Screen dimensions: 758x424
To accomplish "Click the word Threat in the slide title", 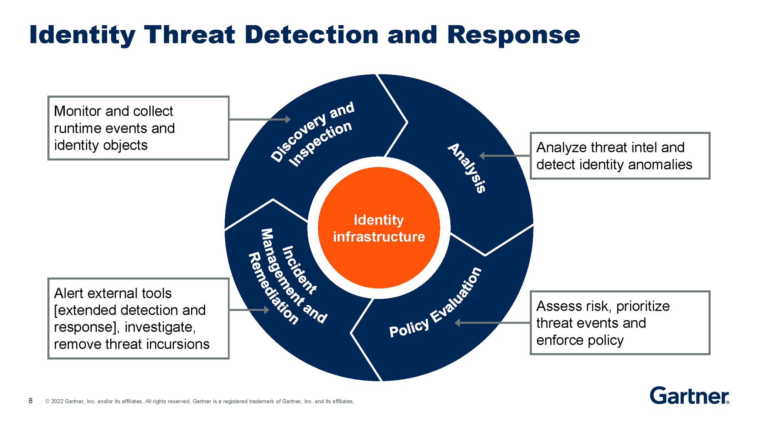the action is coord(189,35).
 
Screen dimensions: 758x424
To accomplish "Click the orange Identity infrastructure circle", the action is coord(379,228).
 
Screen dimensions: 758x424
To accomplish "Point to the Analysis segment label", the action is coord(467,168).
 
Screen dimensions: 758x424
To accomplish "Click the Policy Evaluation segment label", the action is coord(435,303).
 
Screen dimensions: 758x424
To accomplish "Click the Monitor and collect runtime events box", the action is coord(138,128).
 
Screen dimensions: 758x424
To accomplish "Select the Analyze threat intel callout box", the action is coord(620,156).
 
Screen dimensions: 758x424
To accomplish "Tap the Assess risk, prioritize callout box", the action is coord(620,323).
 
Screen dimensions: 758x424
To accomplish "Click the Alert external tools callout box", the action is coord(138,319).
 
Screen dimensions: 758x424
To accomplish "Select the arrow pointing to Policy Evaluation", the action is coord(492,323).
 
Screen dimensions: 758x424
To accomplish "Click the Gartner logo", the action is coord(689,396).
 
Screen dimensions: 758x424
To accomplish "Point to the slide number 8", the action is coord(31,401).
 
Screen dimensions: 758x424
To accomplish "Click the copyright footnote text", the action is coord(199,401).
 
